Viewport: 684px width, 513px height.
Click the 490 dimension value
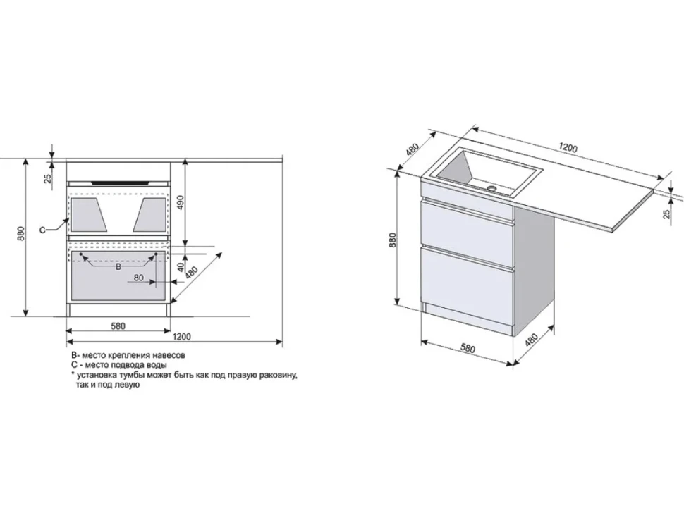pyautogui.click(x=181, y=202)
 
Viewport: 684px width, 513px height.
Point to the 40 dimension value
pyautogui.click(x=181, y=267)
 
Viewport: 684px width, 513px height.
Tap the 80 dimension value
pyautogui.click(x=139, y=277)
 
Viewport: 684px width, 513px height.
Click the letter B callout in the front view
pyautogui.click(x=118, y=267)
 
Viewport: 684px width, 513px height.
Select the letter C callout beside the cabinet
pyautogui.click(x=43, y=230)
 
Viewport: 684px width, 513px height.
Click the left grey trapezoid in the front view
pyautogui.click(x=89, y=214)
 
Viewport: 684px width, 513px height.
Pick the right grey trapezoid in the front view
pyautogui.click(x=149, y=214)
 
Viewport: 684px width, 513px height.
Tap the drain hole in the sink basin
pyautogui.click(x=492, y=189)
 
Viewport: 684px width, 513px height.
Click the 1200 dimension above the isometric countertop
pyautogui.click(x=568, y=148)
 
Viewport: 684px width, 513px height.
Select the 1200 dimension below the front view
pyautogui.click(x=181, y=336)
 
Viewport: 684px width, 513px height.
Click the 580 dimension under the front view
pyautogui.click(x=118, y=326)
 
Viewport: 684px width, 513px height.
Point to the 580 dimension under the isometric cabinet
pyautogui.click(x=467, y=348)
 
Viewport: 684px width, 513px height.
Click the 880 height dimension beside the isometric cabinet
pyautogui.click(x=392, y=240)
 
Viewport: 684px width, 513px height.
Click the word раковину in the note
pyautogui.click(x=279, y=375)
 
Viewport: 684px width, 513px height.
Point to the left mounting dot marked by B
pyautogui.click(x=80, y=254)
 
